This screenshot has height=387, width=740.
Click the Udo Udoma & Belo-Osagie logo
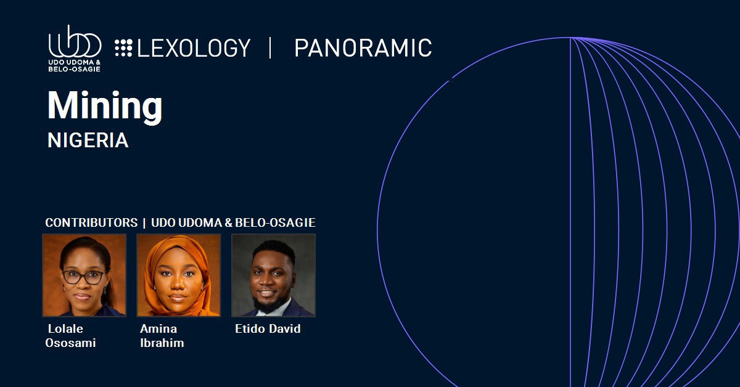pos(75,48)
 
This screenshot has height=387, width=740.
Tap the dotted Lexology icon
pos(123,48)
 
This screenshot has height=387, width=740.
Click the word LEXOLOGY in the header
pos(194,48)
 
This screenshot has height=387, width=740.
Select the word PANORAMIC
pos(363,48)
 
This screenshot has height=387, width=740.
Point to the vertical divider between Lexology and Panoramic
pos(271,48)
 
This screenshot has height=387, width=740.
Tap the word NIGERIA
pos(88,141)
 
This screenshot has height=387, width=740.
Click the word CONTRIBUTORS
pos(91,222)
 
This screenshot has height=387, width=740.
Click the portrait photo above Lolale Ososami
pos(84,275)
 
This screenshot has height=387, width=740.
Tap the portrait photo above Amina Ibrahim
pos(179,275)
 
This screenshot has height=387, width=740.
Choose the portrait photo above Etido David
pos(274,275)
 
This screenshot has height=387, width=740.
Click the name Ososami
pos(70,343)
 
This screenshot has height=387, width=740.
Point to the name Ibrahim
pos(162,343)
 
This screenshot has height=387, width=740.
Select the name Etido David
pos(268,328)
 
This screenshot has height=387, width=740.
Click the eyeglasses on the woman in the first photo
pos(83,277)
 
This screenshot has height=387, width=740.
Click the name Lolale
pos(65,328)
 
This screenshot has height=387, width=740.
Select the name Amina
pos(158,328)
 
